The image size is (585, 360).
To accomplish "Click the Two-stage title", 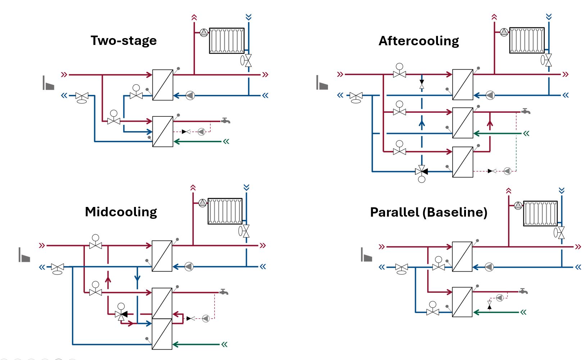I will click(123, 41).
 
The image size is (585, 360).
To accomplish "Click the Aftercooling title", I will click(419, 41).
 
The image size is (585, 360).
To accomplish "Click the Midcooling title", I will click(121, 212).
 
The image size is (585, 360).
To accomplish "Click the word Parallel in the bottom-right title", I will click(394, 212).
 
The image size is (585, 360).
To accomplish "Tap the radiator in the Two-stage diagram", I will click(227, 41).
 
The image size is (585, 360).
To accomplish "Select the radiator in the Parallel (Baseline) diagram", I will click(540, 213).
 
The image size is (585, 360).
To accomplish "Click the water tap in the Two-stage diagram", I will click(225, 121).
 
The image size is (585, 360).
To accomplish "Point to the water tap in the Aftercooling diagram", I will click(526, 111).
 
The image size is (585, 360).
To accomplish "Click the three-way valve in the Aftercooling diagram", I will click(421, 171).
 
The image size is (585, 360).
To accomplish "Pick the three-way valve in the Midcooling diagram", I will click(121, 314).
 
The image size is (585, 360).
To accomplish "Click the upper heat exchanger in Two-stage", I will click(163, 85).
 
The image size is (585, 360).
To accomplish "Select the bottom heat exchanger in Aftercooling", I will click(462, 162).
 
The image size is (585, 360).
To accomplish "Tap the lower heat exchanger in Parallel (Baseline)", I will click(462, 302).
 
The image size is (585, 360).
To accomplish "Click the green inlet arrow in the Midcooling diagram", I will click(224, 344).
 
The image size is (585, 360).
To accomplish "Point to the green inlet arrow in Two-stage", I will click(226, 142).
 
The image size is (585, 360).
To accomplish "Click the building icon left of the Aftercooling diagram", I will click(322, 83).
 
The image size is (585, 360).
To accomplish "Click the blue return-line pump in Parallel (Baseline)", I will click(489, 267).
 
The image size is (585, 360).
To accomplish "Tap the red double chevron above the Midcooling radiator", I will click(193, 188).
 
